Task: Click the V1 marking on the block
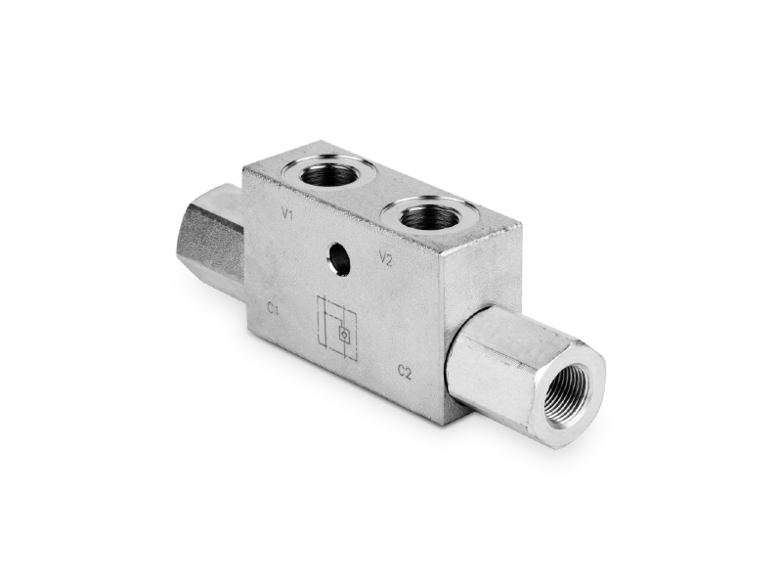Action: point(286,214)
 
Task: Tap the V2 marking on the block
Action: point(386,258)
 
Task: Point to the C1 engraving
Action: point(273,309)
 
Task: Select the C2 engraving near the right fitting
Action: point(405,372)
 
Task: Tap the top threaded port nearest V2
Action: point(428,213)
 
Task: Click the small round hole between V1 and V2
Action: point(338,258)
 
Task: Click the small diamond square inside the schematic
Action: point(344,334)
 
